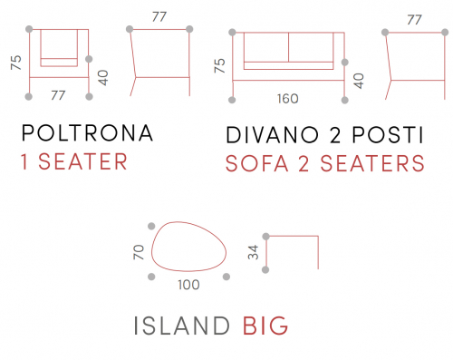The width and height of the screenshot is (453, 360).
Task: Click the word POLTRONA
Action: point(87,133)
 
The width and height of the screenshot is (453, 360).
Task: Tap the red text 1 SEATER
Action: point(74,161)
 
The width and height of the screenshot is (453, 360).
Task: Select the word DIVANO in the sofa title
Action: point(273,135)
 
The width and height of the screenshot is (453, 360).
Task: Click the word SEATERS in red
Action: point(372,163)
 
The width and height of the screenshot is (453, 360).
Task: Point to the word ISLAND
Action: point(181,326)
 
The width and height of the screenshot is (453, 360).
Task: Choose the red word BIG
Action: point(265,326)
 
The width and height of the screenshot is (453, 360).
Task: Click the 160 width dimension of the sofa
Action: point(288,99)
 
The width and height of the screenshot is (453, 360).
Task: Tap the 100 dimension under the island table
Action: point(188,285)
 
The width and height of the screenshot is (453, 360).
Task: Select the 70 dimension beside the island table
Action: point(139,252)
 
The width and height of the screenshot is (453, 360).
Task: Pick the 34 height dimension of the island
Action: point(253,252)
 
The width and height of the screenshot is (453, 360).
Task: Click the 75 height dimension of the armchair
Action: point(16,63)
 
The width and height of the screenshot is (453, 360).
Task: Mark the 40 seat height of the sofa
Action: point(359,81)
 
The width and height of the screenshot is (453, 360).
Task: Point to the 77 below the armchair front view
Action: point(58,95)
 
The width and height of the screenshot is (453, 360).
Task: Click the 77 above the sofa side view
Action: point(414,20)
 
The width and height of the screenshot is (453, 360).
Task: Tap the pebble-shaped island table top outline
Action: point(151,251)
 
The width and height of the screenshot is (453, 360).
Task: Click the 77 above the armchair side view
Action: point(159,17)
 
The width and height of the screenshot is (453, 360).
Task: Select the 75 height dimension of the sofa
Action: point(219,65)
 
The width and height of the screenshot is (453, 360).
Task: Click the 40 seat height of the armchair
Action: point(103,78)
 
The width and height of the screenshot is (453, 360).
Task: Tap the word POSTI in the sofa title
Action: point(388,135)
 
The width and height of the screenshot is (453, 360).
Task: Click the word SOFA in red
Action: point(256,163)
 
